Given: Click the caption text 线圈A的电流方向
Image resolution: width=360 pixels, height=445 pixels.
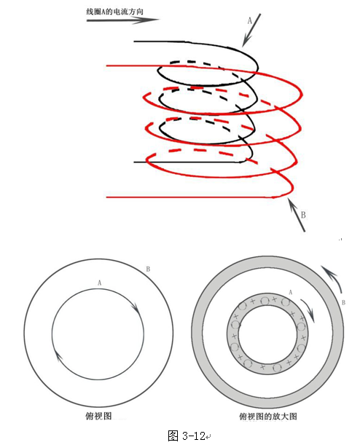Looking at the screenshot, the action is click(x=114, y=12).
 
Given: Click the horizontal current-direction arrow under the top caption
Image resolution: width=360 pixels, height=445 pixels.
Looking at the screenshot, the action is click(x=123, y=20).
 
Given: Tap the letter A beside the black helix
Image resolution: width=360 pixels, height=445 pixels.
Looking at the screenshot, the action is click(x=250, y=20).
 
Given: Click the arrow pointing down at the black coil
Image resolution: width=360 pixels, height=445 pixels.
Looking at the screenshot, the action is click(x=251, y=30).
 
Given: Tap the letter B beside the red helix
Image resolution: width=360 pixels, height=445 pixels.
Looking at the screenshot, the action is click(x=303, y=215).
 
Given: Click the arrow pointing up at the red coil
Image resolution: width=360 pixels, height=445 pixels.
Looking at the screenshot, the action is click(x=297, y=215).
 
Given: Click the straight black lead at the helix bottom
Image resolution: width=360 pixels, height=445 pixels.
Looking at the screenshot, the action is click(x=187, y=162).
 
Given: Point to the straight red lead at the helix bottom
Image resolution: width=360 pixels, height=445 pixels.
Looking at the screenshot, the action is click(x=190, y=197).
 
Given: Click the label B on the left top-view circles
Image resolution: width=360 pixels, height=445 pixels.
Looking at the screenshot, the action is click(x=148, y=269).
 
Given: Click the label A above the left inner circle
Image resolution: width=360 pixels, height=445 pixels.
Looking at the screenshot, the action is click(x=99, y=283).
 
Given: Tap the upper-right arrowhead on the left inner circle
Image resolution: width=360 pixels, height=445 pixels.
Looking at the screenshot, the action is click(x=136, y=309).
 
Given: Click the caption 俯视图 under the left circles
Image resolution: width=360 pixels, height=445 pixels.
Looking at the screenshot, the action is click(x=98, y=416).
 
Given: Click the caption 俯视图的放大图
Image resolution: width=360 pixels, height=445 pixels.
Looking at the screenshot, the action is click(x=268, y=417).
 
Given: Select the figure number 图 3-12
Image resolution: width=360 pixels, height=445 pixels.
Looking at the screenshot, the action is click(x=187, y=436).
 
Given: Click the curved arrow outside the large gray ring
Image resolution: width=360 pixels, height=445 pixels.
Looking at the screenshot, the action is click(x=333, y=277).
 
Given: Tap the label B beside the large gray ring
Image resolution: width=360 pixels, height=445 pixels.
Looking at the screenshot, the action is click(x=343, y=302).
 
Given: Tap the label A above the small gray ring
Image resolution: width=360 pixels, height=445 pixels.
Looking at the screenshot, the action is click(x=290, y=292).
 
